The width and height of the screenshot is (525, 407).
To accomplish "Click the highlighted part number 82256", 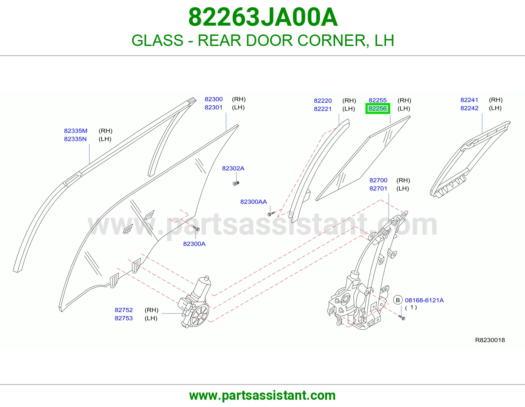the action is click(377, 109).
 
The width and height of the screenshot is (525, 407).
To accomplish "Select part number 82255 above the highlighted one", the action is click(377, 100).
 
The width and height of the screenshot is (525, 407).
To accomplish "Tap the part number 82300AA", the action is click(253, 202).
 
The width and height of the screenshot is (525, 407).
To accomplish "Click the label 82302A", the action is click(233, 168).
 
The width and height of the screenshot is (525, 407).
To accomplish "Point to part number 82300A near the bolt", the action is click(194, 244).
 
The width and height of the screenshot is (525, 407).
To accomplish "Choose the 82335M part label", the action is click(75, 131).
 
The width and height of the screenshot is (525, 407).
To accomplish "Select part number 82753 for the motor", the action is click(124, 318).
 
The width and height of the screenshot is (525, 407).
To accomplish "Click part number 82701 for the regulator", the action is click(378, 188).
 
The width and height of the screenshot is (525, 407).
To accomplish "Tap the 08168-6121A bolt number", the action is click(424, 300).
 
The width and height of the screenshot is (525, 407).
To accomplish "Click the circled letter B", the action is click(398, 300).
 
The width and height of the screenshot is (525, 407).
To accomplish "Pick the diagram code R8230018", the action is click(490, 340).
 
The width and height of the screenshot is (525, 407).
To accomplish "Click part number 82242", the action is click(469, 108).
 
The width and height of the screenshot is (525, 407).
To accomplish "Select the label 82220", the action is click(323, 100).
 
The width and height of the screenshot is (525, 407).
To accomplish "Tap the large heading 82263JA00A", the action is click(263, 17).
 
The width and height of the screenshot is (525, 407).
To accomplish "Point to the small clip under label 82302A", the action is click(236, 184).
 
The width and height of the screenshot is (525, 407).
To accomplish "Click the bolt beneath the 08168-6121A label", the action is click(402, 318).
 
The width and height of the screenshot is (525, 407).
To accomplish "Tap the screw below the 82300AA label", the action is click(271, 214).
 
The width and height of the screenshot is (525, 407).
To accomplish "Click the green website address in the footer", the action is click(262, 396).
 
